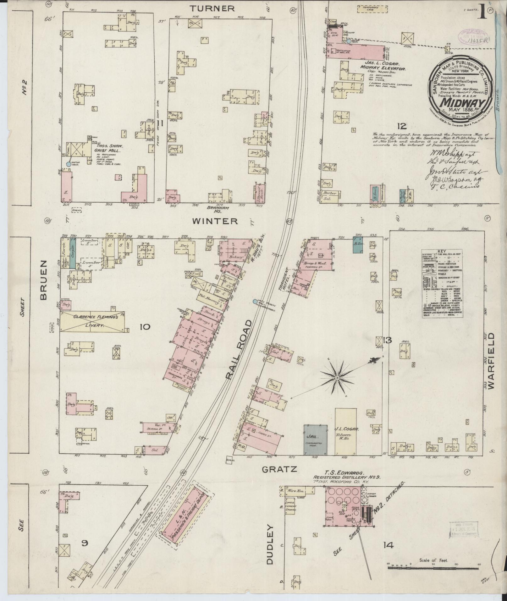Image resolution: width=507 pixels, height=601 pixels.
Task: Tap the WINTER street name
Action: (215, 221)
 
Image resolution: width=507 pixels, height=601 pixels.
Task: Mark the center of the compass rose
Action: (337, 377)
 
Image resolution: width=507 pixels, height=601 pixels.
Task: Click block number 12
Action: (401, 126)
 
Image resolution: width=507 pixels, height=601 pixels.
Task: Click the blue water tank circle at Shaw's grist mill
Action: (68, 164)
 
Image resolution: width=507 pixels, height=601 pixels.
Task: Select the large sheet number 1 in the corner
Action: (482, 13)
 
